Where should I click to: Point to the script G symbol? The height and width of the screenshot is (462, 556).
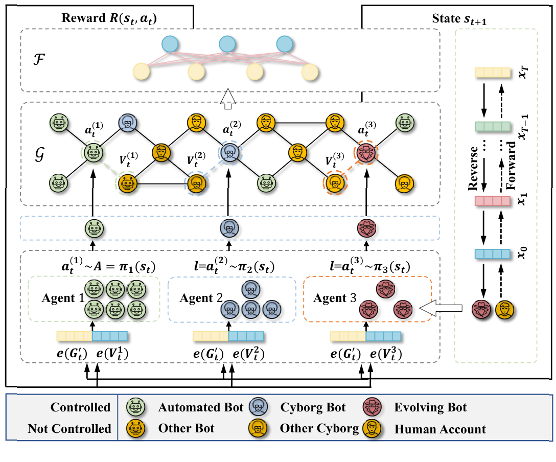coord(36,154)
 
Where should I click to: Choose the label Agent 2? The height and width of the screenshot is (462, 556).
coord(199,298)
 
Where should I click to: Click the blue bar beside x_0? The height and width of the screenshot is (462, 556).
coord(493,254)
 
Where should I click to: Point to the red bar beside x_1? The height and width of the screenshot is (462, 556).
coord(493,200)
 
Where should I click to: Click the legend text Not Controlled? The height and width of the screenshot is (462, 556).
coord(69,429)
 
